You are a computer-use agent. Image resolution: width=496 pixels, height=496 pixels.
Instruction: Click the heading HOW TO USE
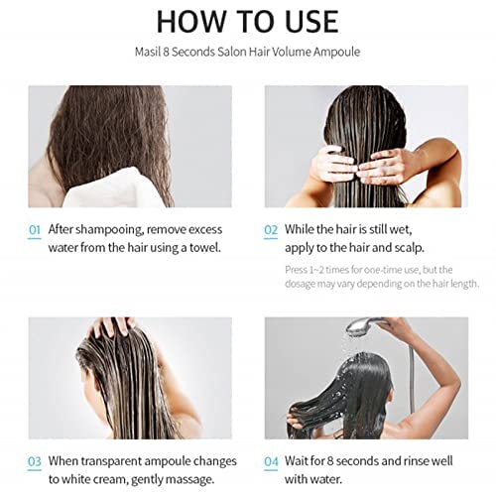pyautogui.click(x=247, y=21)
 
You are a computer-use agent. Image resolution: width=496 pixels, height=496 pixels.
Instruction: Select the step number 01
pyautogui.click(x=35, y=230)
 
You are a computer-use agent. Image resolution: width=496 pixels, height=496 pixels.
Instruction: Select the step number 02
pyautogui.click(x=270, y=230)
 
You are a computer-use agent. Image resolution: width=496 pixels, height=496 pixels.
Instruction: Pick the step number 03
pyautogui.click(x=35, y=462)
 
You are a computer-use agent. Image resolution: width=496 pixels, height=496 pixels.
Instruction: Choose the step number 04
pyautogui.click(x=271, y=462)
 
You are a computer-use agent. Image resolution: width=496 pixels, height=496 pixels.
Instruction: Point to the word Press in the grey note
pyautogui.click(x=297, y=269)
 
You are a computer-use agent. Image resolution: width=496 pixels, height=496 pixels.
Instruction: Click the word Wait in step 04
pyautogui.click(x=301, y=462)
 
